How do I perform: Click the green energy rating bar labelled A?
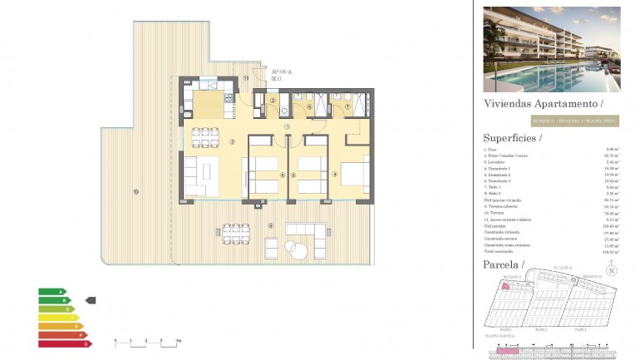pos(52,292)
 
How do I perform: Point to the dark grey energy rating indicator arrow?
pos(91,300)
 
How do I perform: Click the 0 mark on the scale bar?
pos(116,341)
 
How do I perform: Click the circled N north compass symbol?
pos(611,270)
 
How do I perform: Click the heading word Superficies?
pos(509,138)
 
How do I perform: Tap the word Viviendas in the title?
pos(508,104)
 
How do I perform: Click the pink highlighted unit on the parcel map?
pos(505,285)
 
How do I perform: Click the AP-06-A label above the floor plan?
pos(282,72)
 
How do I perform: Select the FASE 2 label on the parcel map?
pos(540,329)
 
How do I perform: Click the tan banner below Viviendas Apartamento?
pos(551,121)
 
